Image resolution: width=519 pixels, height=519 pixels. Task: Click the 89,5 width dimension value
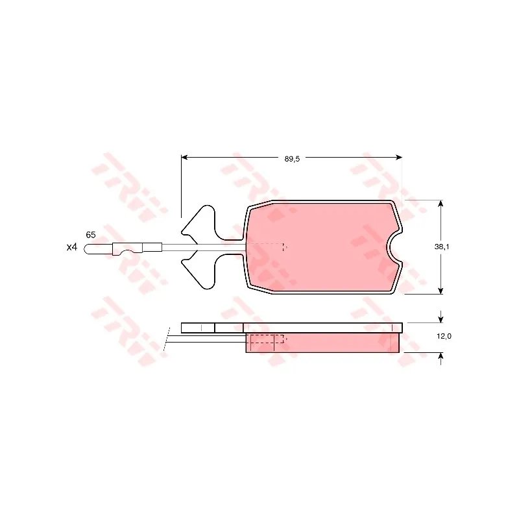tap(292, 159)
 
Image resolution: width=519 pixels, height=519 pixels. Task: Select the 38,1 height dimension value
tap(442, 247)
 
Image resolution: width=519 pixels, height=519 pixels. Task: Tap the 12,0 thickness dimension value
tap(444, 336)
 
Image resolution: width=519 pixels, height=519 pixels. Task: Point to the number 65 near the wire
tap(91, 235)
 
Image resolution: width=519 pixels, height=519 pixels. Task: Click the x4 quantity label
tap(72, 247)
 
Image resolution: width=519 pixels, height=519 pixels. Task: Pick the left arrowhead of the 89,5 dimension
tap(184, 157)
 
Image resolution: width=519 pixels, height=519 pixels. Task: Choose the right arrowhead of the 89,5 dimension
tap(399, 157)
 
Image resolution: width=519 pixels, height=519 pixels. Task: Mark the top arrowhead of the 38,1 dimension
tap(441, 203)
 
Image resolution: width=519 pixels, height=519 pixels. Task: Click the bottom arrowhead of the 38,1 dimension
tap(441, 291)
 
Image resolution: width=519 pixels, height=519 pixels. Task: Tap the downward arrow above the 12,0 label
tap(441, 317)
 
